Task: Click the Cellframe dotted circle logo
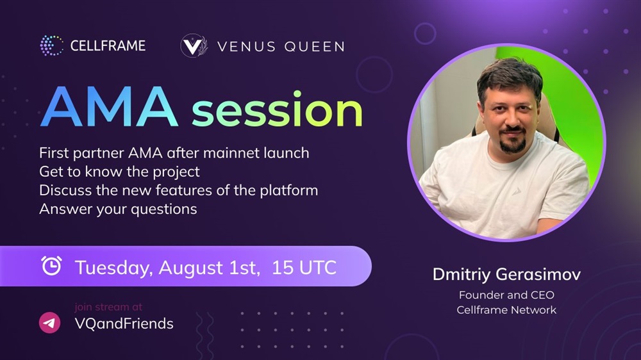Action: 52,45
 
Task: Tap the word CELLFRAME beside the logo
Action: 108,45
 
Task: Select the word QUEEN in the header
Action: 314,47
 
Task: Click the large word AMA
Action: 109,107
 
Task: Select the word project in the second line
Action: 176,172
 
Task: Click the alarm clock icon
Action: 51,266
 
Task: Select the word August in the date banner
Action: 191,268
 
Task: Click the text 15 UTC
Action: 304,267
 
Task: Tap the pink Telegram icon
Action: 49,323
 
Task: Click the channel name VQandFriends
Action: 124,323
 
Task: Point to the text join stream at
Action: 108,307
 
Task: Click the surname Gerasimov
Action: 538,274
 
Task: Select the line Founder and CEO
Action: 506,295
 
